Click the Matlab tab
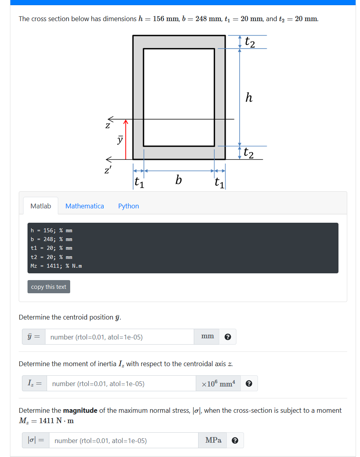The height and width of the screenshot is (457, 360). (41, 206)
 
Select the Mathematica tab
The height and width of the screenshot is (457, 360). (85, 206)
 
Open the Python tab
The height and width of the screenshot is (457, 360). (128, 206)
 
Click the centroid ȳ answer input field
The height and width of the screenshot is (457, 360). (119, 337)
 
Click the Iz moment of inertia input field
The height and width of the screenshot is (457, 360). (121, 384)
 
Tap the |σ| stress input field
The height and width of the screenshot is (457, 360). (123, 441)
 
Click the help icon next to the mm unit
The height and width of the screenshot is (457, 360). (228, 337)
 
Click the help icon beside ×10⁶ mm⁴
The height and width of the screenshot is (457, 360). (249, 384)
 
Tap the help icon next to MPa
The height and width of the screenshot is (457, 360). (235, 441)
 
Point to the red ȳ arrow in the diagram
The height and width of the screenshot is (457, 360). (126, 139)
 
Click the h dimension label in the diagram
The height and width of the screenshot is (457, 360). (249, 98)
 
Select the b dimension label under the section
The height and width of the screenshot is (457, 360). (179, 181)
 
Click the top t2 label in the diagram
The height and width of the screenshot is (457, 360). (250, 41)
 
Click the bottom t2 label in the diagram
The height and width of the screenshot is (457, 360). (249, 153)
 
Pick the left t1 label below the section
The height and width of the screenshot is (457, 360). (139, 182)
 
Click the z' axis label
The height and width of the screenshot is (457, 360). (107, 171)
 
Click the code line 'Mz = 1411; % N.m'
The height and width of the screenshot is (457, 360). (56, 266)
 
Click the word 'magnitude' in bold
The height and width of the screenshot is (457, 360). (80, 410)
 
